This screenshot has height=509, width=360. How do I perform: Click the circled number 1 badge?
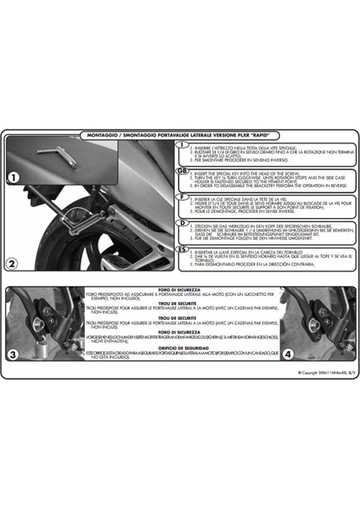(x=16, y=178)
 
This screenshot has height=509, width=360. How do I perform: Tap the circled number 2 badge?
(x=16, y=240)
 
